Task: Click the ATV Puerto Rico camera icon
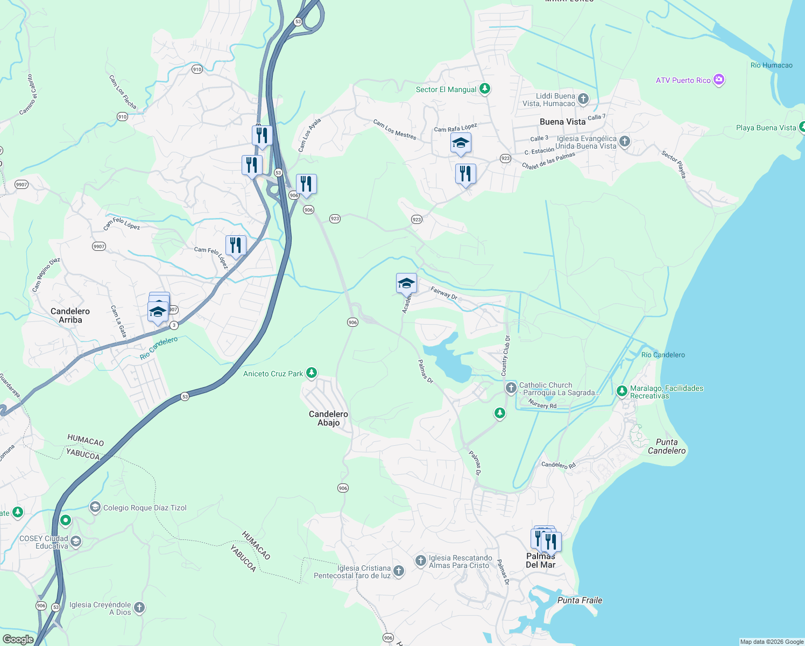[x=718, y=80]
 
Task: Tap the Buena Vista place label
[x=562, y=122]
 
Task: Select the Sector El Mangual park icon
[x=485, y=89]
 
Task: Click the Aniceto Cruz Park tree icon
[x=311, y=373]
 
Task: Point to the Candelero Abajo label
[x=328, y=418]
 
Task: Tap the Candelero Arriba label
[x=70, y=315]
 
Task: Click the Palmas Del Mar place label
[x=540, y=560]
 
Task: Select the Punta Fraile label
[x=580, y=600]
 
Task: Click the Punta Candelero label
[x=667, y=446]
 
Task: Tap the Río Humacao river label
[x=771, y=65]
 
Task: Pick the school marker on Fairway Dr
[x=406, y=283]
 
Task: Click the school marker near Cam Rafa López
[x=461, y=143]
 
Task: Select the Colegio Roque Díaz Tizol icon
[x=95, y=507]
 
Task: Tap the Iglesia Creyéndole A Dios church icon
[x=139, y=608]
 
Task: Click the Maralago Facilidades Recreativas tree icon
[x=622, y=391]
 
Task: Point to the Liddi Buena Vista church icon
[x=583, y=99]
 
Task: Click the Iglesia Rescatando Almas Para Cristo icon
[x=420, y=561]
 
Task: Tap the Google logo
[x=18, y=640]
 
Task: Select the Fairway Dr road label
[x=444, y=293]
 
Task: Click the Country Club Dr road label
[x=505, y=355]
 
